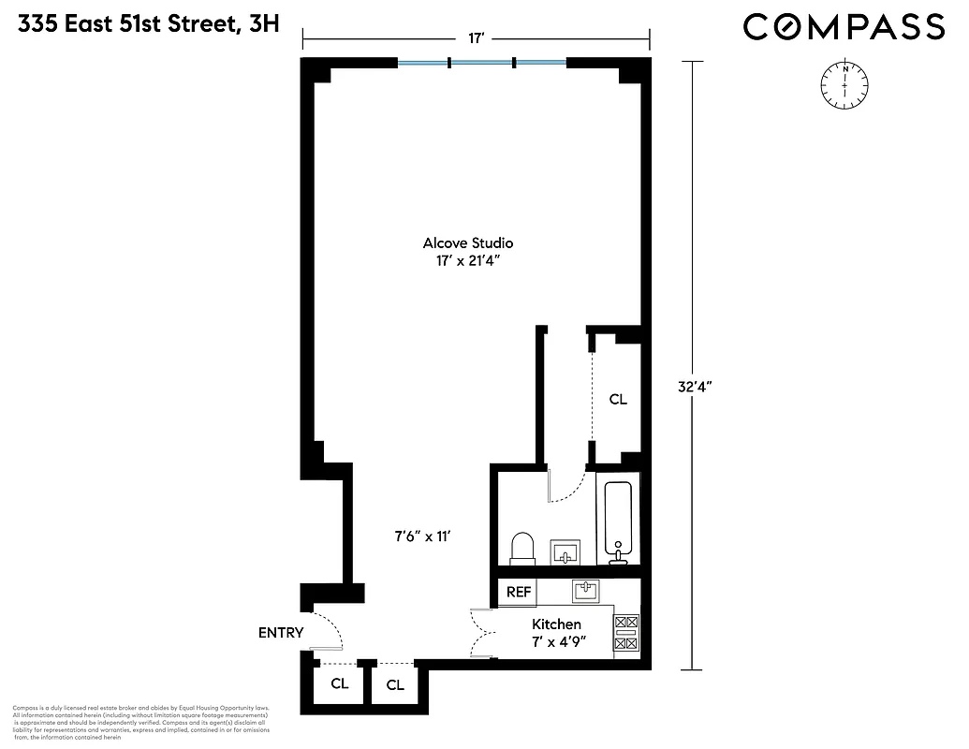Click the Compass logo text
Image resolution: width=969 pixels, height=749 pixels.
[x=844, y=27]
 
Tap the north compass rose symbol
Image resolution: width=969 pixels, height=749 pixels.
[x=845, y=84]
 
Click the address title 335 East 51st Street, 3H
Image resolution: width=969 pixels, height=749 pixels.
[x=149, y=25]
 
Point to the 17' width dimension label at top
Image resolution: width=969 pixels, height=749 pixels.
[x=476, y=38]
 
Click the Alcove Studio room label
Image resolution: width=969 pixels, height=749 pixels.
[x=468, y=242]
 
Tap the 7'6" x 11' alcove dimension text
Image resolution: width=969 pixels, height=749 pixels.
[x=422, y=536]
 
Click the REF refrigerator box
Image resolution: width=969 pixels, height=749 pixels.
[x=519, y=593]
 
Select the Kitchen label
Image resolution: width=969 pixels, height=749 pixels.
[x=556, y=624]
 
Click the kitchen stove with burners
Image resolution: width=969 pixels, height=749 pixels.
[x=625, y=633]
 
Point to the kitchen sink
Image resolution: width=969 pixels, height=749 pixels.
[x=586, y=590]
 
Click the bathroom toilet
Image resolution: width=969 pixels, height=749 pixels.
[x=522, y=549]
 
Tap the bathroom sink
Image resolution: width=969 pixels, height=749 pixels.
[x=565, y=551]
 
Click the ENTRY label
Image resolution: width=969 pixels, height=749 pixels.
[x=281, y=633]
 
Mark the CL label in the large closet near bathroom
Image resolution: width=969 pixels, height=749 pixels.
[x=617, y=400]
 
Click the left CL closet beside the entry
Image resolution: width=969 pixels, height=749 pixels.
[x=339, y=684]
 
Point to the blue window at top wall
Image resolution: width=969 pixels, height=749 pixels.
[x=481, y=64]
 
